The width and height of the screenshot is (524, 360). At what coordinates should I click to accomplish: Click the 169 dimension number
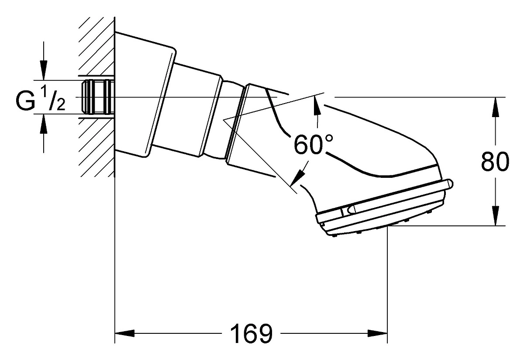(x=251, y=333)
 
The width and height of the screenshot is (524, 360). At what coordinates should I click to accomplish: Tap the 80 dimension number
(x=495, y=162)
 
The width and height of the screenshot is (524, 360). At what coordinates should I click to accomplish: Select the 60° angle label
(x=313, y=144)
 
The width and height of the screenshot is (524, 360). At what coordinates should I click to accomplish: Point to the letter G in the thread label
(x=25, y=100)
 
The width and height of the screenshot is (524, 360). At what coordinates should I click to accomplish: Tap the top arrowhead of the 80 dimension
(x=495, y=107)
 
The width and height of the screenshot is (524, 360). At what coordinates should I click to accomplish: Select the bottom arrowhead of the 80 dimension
(x=495, y=216)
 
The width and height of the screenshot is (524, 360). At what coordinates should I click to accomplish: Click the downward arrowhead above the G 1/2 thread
(x=44, y=70)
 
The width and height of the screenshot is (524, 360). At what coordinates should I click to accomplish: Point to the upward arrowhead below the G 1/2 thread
(x=44, y=124)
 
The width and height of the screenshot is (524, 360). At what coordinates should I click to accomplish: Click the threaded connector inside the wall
(x=97, y=97)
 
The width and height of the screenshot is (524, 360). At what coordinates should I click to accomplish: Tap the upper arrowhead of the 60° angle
(x=317, y=107)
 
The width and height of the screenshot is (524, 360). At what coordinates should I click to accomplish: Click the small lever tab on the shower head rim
(x=351, y=209)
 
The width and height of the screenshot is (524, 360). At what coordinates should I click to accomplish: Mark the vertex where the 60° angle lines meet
(x=224, y=120)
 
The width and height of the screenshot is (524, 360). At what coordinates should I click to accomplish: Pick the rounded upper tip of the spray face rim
(x=450, y=183)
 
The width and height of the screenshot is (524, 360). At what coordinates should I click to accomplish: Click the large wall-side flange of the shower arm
(x=145, y=95)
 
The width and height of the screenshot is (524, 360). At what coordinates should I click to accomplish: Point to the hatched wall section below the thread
(x=97, y=148)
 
